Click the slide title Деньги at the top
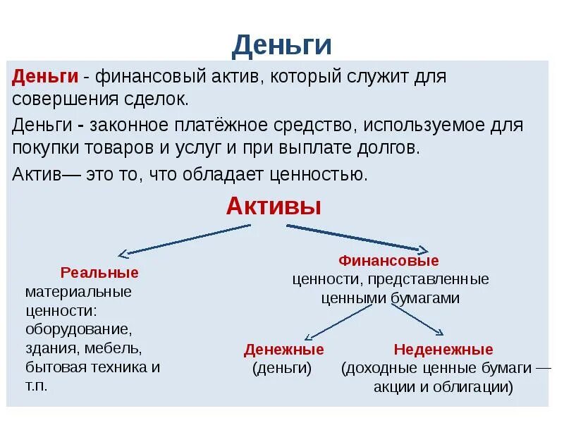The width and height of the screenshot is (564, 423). pos(281,44)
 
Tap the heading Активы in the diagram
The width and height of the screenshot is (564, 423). pos(274,207)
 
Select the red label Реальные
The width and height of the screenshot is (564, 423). pos(99,272)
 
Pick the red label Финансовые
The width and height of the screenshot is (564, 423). pos(389,261)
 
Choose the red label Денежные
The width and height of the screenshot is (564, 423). pos(283,350)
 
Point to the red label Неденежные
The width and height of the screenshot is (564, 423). pos(443,350)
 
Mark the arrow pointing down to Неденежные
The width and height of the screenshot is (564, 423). pos(417,321)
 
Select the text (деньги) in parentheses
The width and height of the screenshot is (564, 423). pos(281,368)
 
